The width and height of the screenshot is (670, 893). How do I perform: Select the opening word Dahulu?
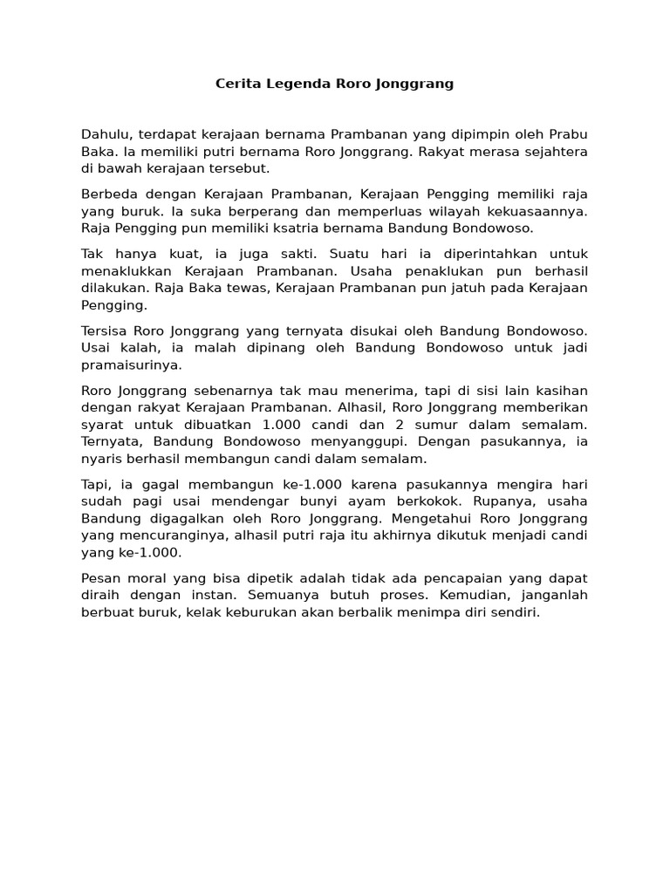click(x=104, y=134)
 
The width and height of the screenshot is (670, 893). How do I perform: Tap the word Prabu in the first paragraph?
click(x=568, y=134)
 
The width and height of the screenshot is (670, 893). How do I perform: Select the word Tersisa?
click(x=106, y=331)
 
